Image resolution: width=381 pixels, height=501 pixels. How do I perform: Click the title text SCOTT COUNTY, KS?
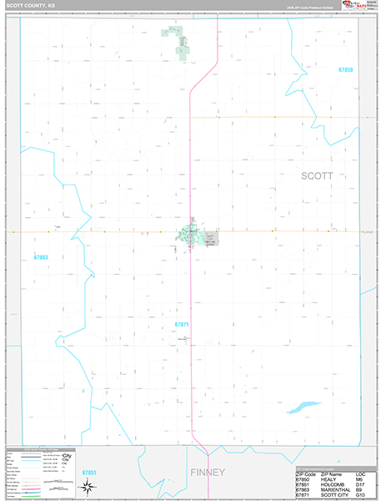[x=32, y=5]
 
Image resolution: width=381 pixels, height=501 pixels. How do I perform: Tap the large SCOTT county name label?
[x=316, y=176]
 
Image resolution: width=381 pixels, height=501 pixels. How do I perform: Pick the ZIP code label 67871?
[x=183, y=323]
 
